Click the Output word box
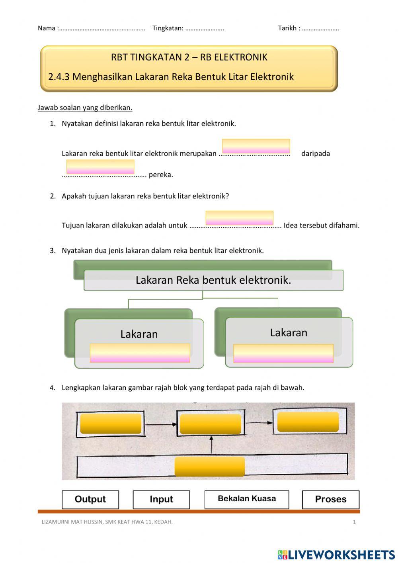(90, 499)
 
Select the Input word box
(161, 499)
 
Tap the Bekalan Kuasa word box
(247, 499)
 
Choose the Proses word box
(331, 499)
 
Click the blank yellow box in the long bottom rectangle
(210, 467)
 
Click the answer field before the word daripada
(256, 146)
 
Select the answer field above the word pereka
(100, 167)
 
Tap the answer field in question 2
(239, 218)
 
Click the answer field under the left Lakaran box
(140, 353)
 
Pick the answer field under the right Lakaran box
(283, 353)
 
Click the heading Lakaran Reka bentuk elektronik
(213, 280)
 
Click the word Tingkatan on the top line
(168, 28)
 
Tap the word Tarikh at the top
(287, 28)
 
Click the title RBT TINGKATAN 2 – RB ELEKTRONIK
(189, 57)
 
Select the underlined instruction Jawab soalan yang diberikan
(85, 108)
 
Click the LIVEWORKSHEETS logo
(336, 555)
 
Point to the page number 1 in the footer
(354, 522)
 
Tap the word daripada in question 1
(316, 153)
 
